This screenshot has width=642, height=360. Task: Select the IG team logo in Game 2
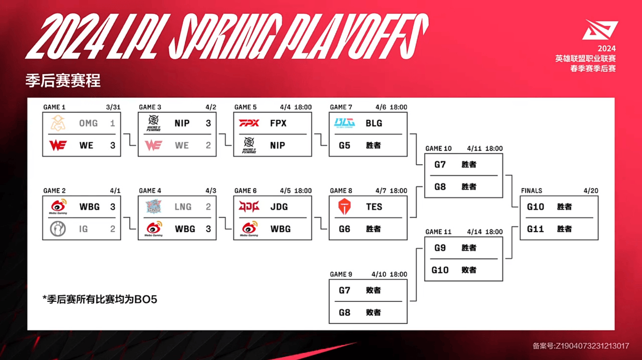[x=58, y=229]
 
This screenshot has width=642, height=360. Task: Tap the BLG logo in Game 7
[x=344, y=123]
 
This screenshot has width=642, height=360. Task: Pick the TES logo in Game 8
[x=344, y=207]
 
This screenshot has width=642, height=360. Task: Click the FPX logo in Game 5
[x=249, y=123]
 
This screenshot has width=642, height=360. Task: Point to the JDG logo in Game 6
[x=249, y=207]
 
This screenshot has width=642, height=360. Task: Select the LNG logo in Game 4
[x=154, y=207]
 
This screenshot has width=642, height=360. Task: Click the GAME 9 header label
[x=341, y=274]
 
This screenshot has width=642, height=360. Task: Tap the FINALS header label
[x=531, y=191]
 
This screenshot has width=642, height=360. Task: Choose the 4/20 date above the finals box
[x=591, y=191]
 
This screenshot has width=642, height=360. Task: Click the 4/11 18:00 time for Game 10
[x=484, y=149]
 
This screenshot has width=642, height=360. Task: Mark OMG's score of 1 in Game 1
[x=113, y=124]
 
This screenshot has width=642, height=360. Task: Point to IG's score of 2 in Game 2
[x=113, y=229]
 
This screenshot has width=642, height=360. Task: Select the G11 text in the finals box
[x=535, y=229]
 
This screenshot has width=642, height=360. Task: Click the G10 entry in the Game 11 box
[x=440, y=270]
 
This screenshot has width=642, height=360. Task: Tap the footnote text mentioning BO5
[x=100, y=299]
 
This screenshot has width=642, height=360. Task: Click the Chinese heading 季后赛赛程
[x=63, y=81]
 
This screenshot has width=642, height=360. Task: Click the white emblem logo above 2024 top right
[x=599, y=30]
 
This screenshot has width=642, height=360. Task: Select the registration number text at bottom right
[x=581, y=346]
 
